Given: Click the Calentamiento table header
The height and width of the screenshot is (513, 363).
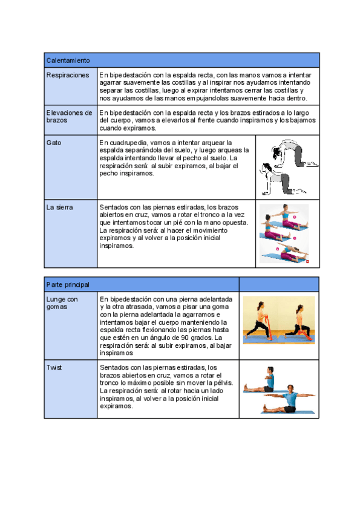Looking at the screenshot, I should tap(68, 60).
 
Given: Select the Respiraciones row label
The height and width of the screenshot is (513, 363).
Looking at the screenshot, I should tap(68, 75).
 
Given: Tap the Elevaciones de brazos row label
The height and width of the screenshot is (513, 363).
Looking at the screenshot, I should tap(70, 116).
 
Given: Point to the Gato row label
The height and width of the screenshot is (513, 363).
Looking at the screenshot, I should tap(53, 143).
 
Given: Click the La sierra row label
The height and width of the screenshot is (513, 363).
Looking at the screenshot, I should tap(60, 207).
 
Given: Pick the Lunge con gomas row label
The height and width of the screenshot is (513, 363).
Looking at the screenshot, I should tap(62, 302).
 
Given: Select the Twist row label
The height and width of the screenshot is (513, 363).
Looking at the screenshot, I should tap(54, 367).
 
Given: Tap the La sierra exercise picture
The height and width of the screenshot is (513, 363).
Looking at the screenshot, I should tap(285, 234).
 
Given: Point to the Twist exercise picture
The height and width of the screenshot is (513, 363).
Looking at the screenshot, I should tap(279, 390).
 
